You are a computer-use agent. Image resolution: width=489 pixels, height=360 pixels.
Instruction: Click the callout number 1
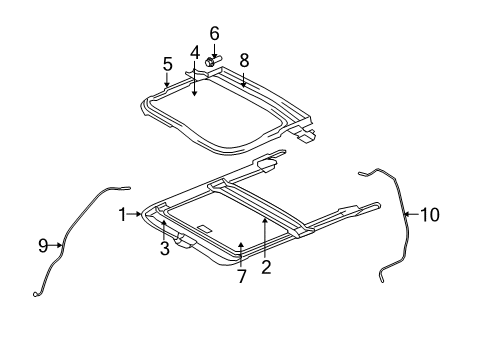pos(124,214)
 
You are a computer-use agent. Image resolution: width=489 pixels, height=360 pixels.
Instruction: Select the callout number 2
pos(266,266)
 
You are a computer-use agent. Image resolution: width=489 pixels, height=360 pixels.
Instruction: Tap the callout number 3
pos(163,249)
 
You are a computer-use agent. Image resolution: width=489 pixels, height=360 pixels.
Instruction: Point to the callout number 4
pos(196,52)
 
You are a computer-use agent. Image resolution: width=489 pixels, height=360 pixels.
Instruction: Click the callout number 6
pos(214,32)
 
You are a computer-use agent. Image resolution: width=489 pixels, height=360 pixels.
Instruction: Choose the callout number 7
pos(241,276)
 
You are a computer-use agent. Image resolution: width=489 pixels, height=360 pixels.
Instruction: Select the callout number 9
pos(43,245)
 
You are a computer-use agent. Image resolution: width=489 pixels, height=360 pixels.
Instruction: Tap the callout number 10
pos(429,213)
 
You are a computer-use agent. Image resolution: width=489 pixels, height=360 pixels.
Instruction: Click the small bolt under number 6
pos(212,62)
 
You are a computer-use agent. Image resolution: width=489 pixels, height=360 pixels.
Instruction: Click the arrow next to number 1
pos(136,214)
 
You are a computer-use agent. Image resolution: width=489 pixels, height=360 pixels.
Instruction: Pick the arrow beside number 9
pos(56,245)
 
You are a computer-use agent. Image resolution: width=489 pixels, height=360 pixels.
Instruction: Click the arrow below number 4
pos(196,82)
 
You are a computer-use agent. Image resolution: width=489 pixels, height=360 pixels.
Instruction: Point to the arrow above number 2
pos(266,230)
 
